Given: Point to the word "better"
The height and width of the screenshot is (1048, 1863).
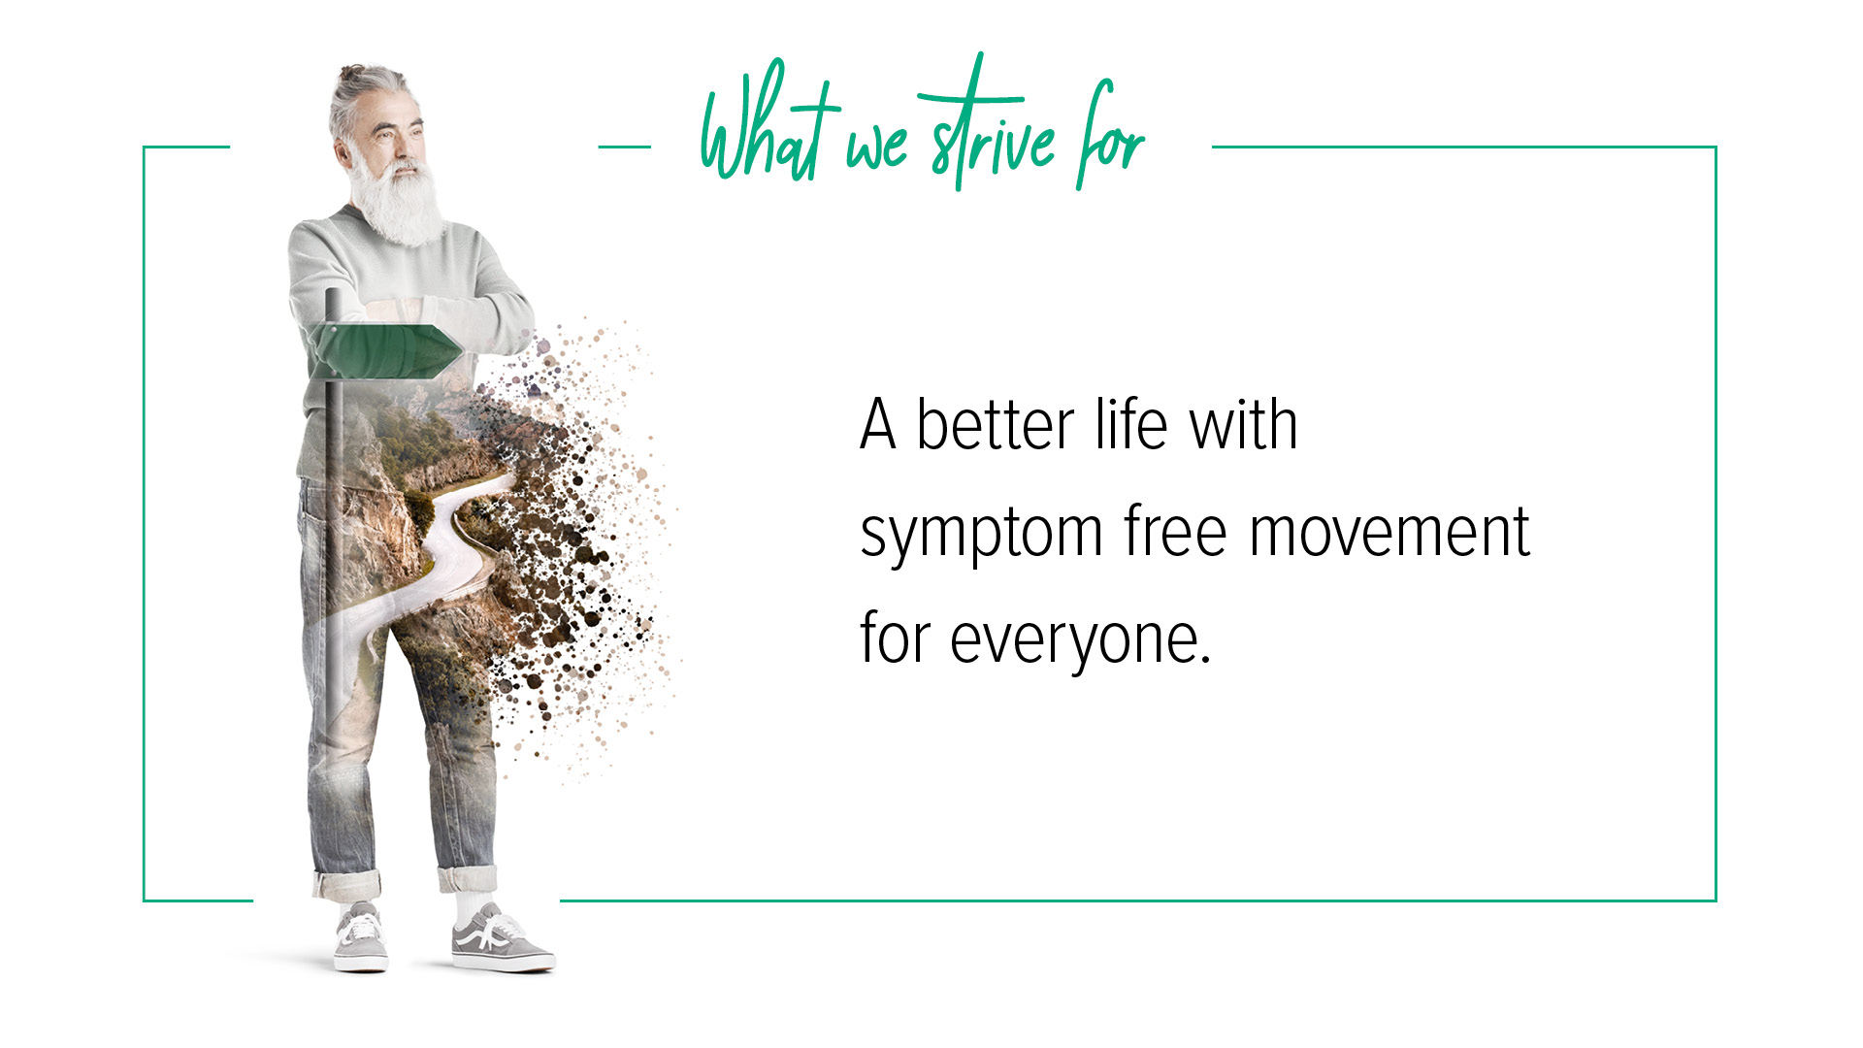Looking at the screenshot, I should click(996, 426).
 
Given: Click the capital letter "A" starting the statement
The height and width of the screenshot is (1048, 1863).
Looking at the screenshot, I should click(877, 426).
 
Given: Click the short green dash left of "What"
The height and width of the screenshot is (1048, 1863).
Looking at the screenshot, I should click(624, 147).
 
